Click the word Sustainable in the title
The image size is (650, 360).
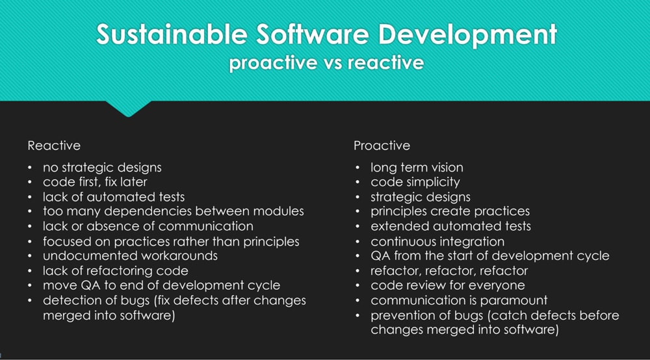coord(172,34)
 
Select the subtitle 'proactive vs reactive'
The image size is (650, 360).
coord(327,63)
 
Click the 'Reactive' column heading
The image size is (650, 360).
coord(54,146)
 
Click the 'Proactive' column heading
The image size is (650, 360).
coord(382,146)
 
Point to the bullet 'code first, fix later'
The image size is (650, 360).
coord(95,182)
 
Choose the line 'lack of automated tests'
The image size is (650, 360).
coord(114,197)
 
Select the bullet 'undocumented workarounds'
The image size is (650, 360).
coord(130,255)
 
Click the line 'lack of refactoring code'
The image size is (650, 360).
coord(116,270)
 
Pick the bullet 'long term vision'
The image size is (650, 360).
coord(417,168)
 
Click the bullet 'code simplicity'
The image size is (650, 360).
coord(415,183)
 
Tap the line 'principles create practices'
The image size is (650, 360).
coord(450,212)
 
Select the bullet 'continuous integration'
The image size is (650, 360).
coord(437,242)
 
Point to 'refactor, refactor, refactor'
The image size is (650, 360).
coord(449,271)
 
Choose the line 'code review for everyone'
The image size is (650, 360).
coord(448,285)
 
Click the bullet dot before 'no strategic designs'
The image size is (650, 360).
coord(30,168)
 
